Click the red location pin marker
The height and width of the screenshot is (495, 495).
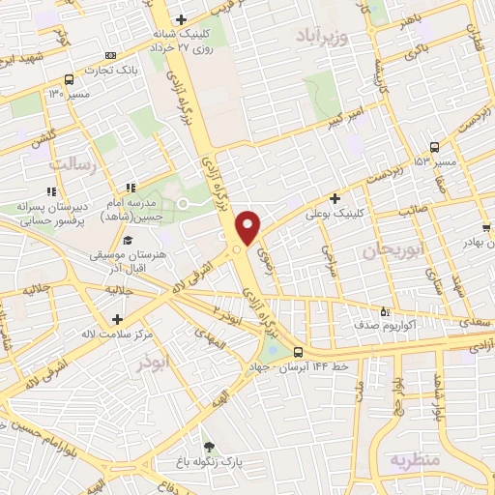[x=248, y=226]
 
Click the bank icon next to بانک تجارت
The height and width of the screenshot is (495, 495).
[x=111, y=55]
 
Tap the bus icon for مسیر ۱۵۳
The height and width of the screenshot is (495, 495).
[x=434, y=148]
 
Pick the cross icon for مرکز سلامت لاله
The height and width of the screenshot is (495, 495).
[x=117, y=318]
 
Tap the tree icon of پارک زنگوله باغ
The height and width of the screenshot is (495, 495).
[x=222, y=449]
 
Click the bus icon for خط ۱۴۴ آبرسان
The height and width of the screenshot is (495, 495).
[x=298, y=352]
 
